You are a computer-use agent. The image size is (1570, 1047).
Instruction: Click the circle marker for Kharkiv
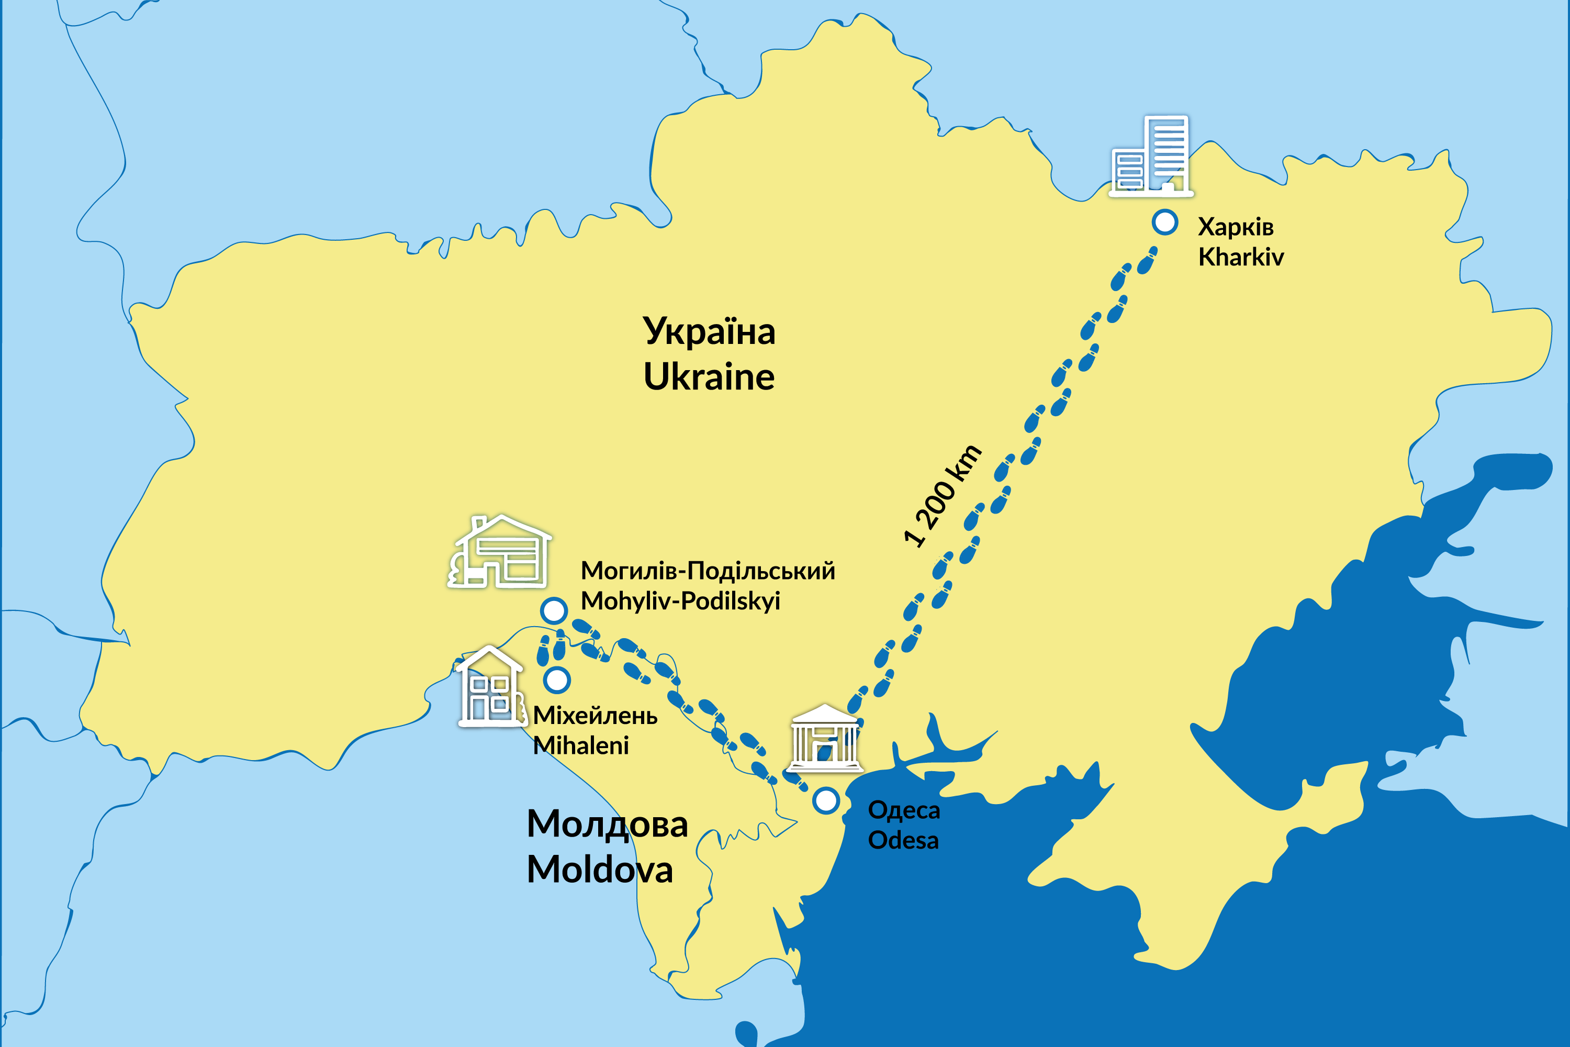[1165, 222]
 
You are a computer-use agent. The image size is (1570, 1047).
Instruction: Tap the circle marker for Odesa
[826, 800]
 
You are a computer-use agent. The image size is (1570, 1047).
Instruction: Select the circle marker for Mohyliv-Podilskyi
[553, 610]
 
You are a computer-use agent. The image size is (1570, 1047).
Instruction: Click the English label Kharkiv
[1240, 257]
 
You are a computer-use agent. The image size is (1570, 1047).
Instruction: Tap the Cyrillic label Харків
[1236, 227]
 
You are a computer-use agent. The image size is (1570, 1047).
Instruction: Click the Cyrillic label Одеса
[904, 810]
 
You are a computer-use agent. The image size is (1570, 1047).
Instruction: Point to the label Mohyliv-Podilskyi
[680, 601]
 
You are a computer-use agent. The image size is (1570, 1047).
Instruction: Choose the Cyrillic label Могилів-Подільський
[708, 571]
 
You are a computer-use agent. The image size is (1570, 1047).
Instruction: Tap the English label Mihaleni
[581, 745]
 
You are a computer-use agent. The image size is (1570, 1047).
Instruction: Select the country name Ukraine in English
[709, 376]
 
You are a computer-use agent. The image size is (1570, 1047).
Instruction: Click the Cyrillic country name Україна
[709, 331]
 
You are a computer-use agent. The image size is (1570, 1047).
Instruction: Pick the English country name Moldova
[599, 870]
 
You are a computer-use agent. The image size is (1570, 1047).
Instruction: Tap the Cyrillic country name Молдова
[607, 824]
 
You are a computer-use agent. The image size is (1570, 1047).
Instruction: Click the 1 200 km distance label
[943, 495]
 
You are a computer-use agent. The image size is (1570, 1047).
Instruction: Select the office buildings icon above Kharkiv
[1151, 157]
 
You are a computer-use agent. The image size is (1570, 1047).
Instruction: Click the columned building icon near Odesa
[825, 739]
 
